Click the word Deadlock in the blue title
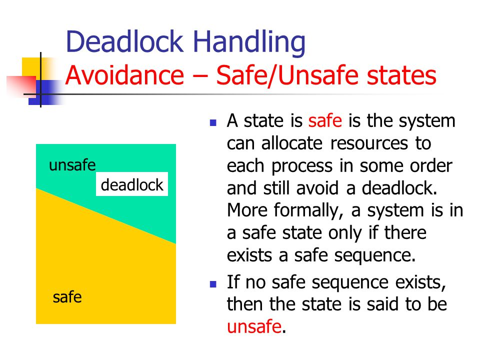[x=124, y=41]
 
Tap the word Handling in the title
[x=249, y=43]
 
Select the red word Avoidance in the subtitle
[x=124, y=75]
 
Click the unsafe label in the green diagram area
[x=72, y=165]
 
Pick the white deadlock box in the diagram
[x=132, y=184]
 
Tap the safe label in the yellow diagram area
[x=67, y=297]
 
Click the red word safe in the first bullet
[x=325, y=120]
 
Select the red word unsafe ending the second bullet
[x=254, y=326]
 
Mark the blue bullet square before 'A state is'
[x=213, y=123]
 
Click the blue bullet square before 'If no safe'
[x=213, y=284]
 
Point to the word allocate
[x=292, y=143]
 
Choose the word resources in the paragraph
[x=369, y=143]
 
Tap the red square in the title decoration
[x=21, y=85]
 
